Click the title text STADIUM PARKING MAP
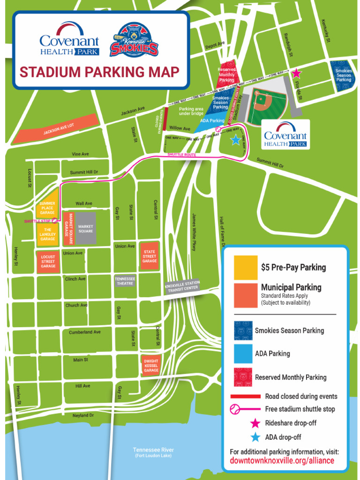99,72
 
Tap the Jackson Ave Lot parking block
55,129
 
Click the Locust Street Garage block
48,262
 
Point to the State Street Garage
150,256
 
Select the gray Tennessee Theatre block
125,281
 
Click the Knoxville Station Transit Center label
182,287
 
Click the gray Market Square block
85,228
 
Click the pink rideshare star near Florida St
296,74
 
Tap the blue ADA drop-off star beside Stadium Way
235,140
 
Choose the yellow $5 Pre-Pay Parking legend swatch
246,268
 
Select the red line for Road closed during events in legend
245,396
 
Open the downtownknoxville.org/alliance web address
282,460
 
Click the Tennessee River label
153,450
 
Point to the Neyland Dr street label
83,415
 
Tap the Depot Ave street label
215,45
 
